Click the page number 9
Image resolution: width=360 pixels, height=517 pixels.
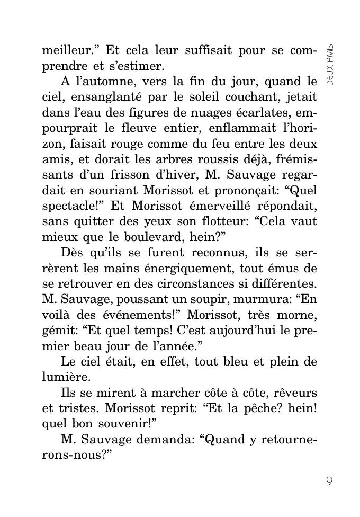point(329,482)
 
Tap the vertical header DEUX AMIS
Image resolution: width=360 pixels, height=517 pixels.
point(330,65)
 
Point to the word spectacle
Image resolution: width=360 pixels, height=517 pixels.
point(68,205)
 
